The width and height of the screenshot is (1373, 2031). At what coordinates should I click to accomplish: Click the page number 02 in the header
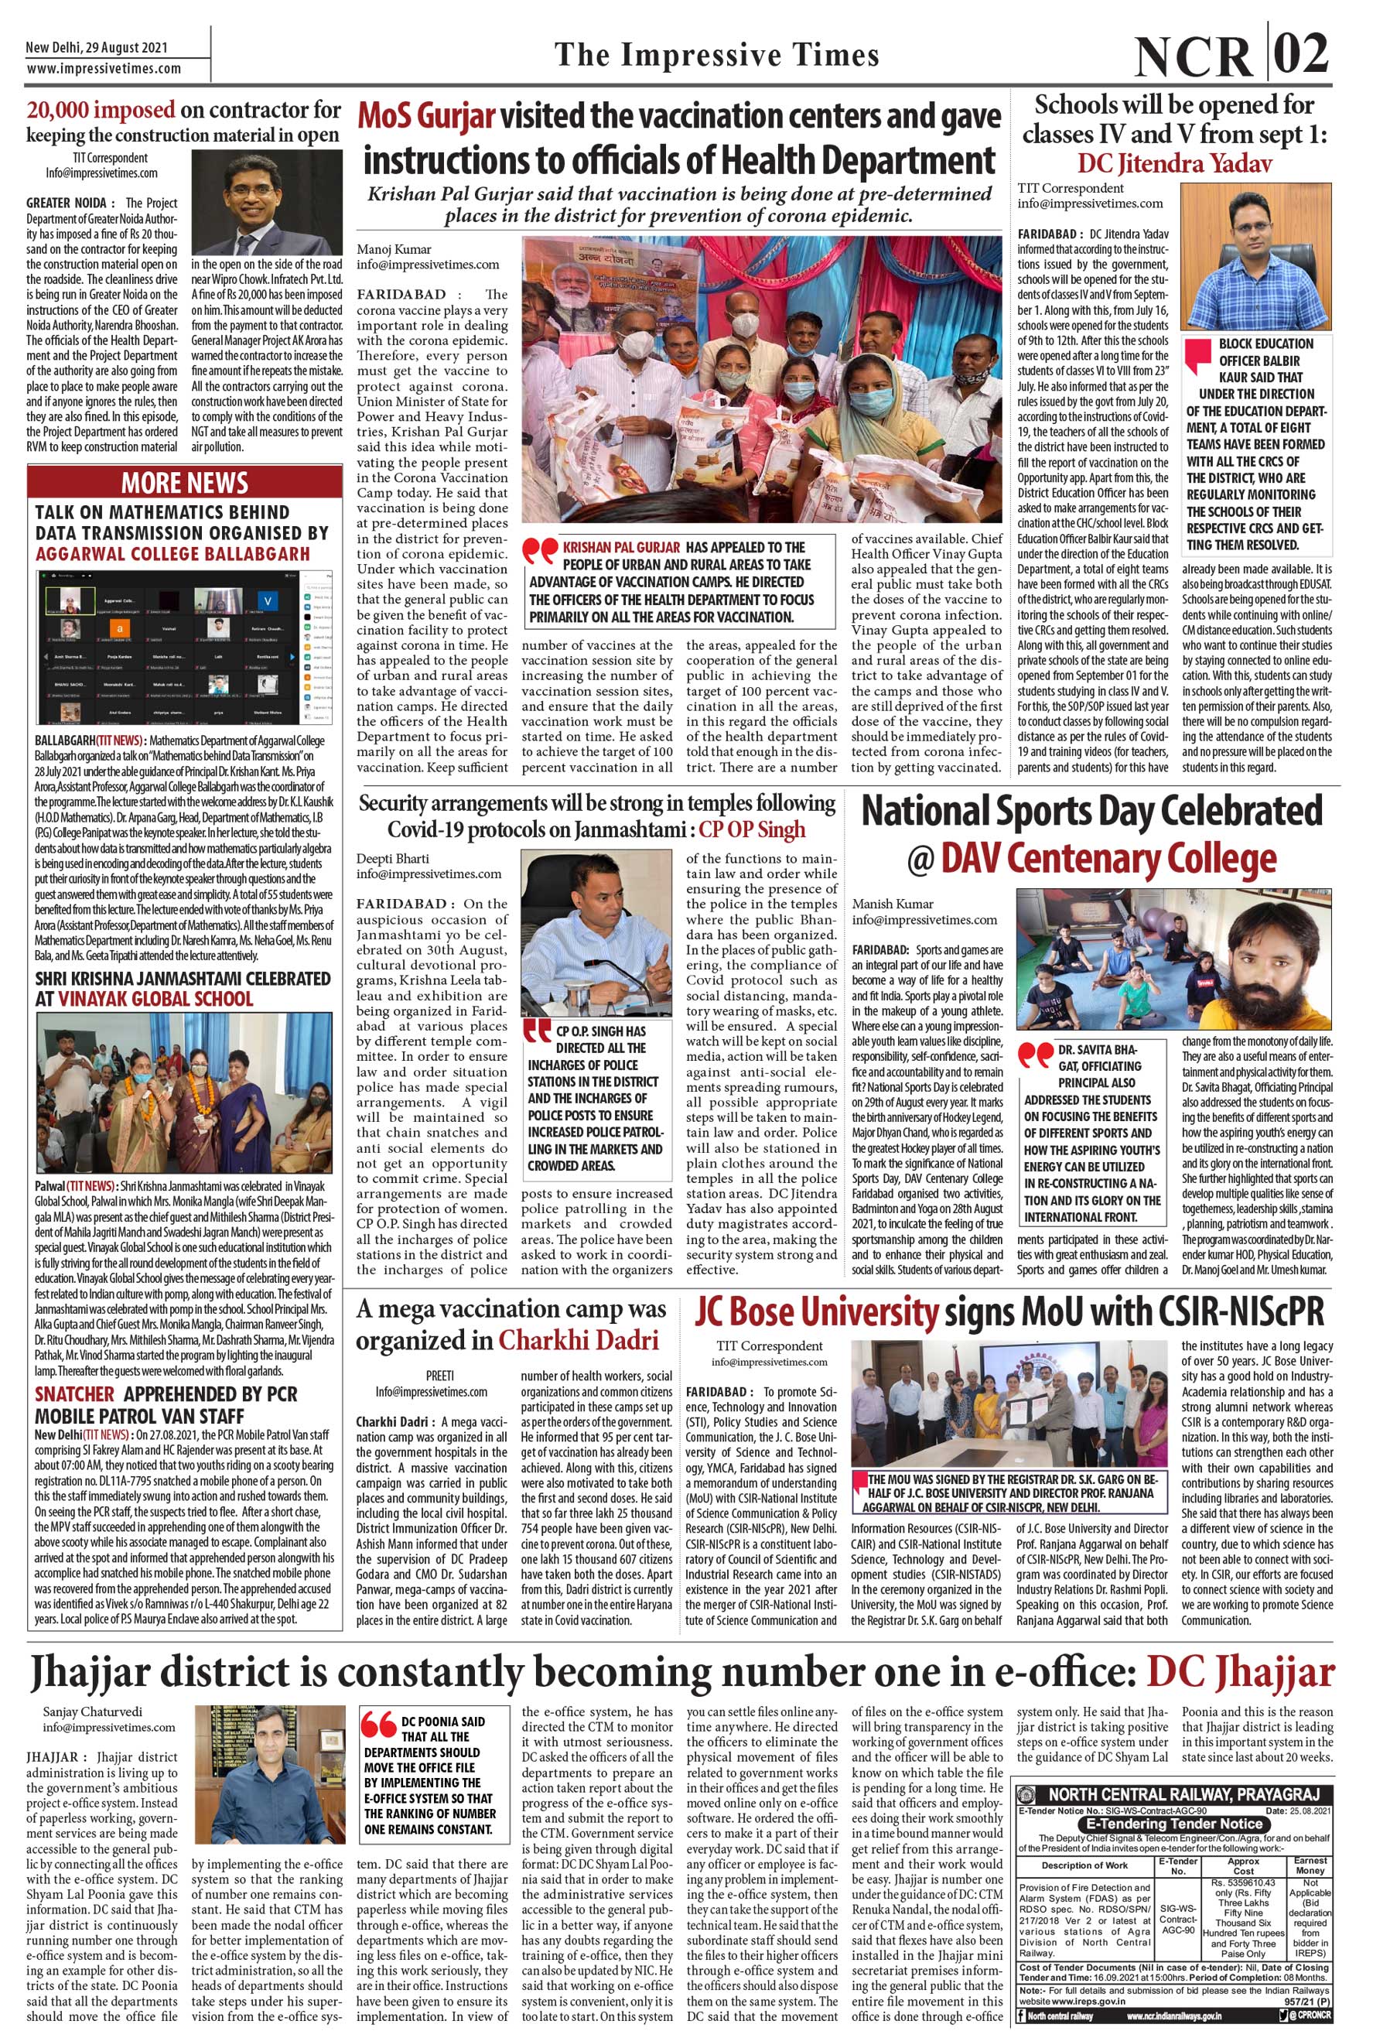[x=1300, y=54]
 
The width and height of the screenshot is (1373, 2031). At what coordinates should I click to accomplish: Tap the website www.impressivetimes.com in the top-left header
[x=104, y=68]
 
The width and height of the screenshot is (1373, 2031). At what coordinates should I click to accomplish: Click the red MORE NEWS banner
[x=183, y=482]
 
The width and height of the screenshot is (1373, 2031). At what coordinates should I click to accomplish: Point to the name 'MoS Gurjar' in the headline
[x=427, y=117]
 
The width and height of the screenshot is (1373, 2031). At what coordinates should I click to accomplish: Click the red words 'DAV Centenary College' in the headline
[x=1108, y=858]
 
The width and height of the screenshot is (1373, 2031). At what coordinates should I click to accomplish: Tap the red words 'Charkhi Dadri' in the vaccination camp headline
[x=579, y=1340]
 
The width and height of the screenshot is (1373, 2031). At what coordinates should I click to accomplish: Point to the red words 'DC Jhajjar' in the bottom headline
[x=1239, y=1672]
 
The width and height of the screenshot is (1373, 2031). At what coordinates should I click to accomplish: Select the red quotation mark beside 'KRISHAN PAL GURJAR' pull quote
[x=540, y=551]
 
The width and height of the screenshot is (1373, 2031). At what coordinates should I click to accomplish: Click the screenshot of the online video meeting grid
[x=183, y=648]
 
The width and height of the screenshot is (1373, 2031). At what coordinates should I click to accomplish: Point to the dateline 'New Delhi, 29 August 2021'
[x=96, y=48]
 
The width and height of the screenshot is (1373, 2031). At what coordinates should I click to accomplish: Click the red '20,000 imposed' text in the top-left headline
[x=101, y=110]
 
